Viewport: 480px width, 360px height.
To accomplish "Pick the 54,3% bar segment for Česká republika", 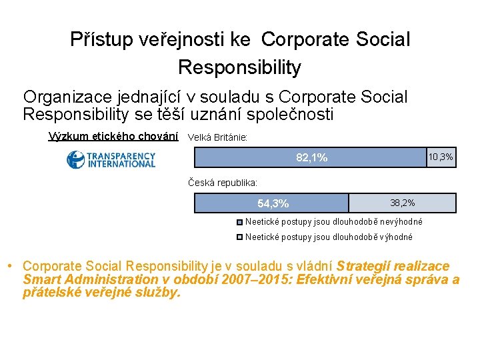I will pos(272,203).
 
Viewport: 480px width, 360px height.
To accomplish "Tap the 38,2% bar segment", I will pos(403,203).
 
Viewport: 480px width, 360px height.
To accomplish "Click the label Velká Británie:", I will pos(218,137).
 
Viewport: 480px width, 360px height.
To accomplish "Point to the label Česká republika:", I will pos(223,182).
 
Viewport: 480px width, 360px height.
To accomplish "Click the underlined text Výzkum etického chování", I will pos(114,137).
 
